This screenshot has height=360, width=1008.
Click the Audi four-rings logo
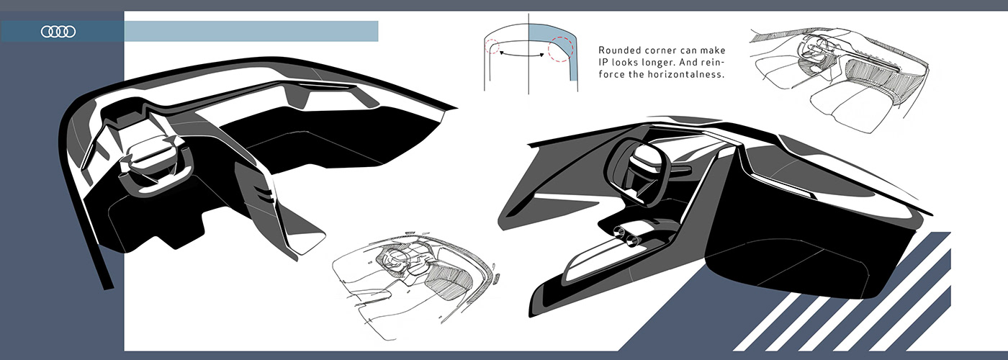(58, 31)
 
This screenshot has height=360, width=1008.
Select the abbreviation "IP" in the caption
(603, 63)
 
